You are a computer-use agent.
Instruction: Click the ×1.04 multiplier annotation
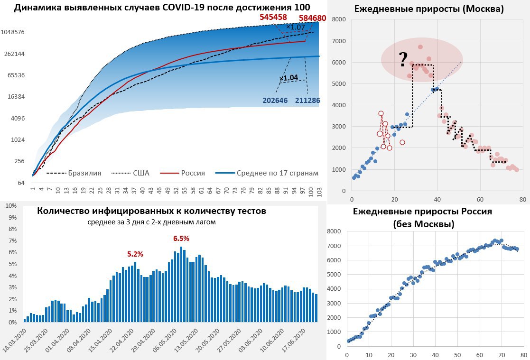[288, 78]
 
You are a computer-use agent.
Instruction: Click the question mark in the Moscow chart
[403, 59]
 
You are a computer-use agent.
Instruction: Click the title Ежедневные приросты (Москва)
[429, 9]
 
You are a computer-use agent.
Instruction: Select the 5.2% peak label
[135, 254]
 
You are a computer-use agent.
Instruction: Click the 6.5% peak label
[181, 239]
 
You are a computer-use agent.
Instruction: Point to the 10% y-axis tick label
[11, 206]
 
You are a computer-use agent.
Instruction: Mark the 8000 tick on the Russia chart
[334, 231]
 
